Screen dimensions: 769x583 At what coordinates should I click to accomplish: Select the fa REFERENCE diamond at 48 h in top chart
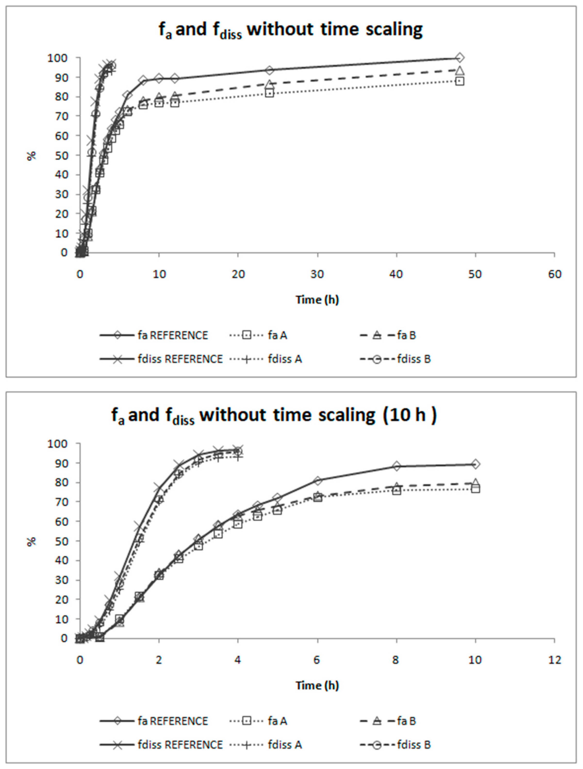(460, 58)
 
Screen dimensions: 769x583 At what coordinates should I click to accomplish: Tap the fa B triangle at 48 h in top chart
(460, 71)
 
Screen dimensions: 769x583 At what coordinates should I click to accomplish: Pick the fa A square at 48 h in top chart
(460, 81)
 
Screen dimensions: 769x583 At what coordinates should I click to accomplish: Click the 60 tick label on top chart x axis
(554, 275)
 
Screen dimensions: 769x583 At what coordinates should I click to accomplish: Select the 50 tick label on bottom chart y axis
(61, 541)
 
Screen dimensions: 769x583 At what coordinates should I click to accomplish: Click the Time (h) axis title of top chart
(317, 300)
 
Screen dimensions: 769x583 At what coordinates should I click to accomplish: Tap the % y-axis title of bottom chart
(32, 541)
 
